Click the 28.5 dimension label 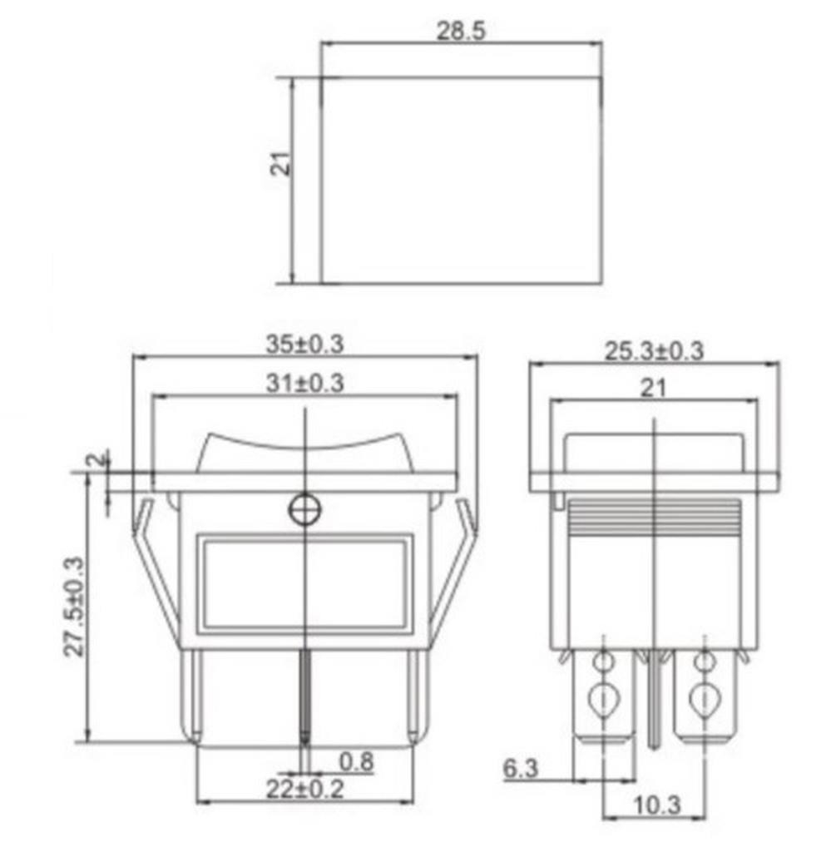point(461,31)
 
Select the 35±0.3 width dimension point(304,344)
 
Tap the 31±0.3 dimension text point(304,383)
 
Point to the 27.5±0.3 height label point(75,607)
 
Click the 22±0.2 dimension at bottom point(304,789)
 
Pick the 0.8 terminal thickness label point(356,762)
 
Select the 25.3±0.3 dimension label point(654,351)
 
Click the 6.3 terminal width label point(521,768)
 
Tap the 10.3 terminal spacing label point(656,805)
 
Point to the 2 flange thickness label point(98,459)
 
